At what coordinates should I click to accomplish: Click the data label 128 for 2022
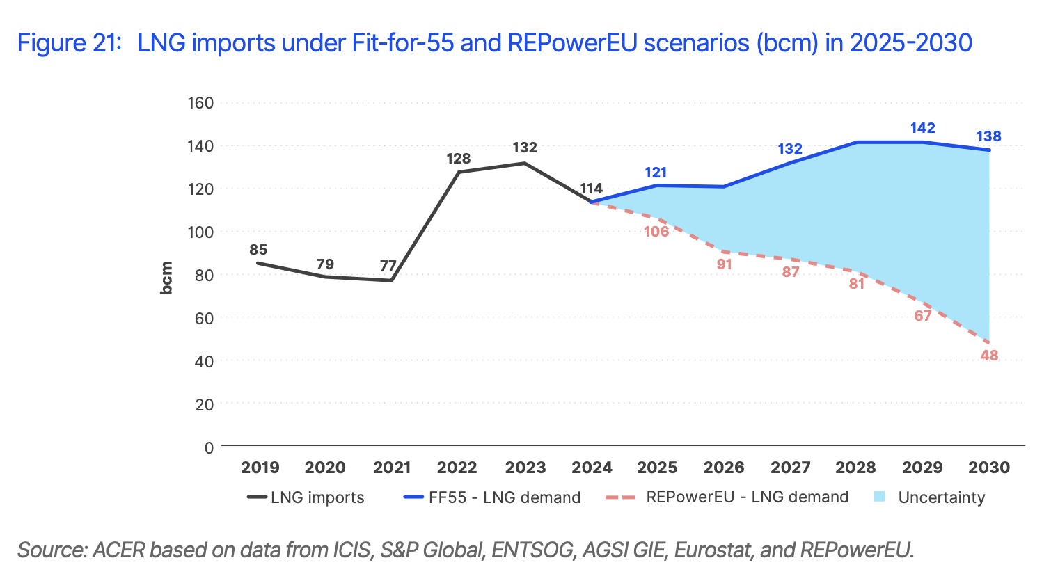pyautogui.click(x=459, y=159)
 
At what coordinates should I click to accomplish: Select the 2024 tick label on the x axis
pyautogui.click(x=592, y=468)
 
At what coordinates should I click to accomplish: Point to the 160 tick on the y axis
pyautogui.click(x=200, y=103)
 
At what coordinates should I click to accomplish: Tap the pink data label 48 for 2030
pyautogui.click(x=989, y=356)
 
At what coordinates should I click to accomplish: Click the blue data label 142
pyautogui.click(x=922, y=128)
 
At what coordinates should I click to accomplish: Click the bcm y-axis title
pyautogui.click(x=166, y=278)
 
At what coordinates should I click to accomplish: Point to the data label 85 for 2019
pyautogui.click(x=258, y=250)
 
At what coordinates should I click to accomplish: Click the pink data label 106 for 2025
pyautogui.click(x=656, y=232)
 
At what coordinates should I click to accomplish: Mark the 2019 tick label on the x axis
pyautogui.click(x=260, y=468)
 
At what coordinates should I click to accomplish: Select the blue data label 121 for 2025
pyautogui.click(x=656, y=173)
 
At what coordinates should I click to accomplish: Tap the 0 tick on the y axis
pyautogui.click(x=209, y=447)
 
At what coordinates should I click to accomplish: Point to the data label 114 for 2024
pyautogui.click(x=591, y=189)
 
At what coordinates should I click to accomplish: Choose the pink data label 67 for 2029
pyautogui.click(x=923, y=316)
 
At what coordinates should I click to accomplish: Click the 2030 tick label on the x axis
pyautogui.click(x=989, y=468)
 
